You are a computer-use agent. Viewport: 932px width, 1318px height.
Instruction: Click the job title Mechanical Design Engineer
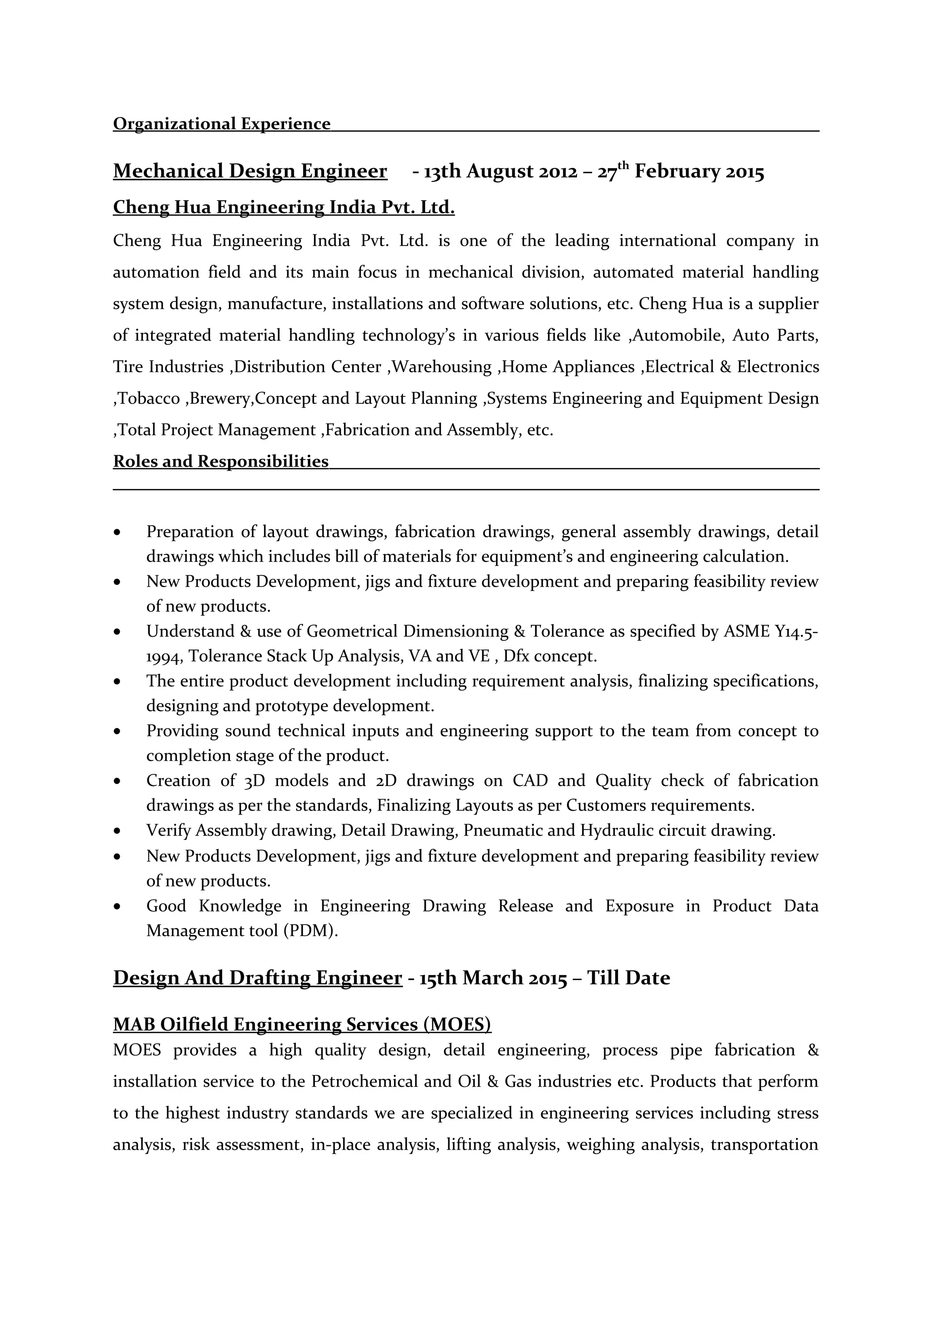[x=250, y=171]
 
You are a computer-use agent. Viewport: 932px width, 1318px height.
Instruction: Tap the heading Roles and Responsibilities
[x=221, y=461]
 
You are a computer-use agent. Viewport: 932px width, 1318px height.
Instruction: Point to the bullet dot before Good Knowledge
[x=118, y=906]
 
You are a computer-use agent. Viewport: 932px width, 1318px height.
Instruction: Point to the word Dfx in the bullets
[x=516, y=656]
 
